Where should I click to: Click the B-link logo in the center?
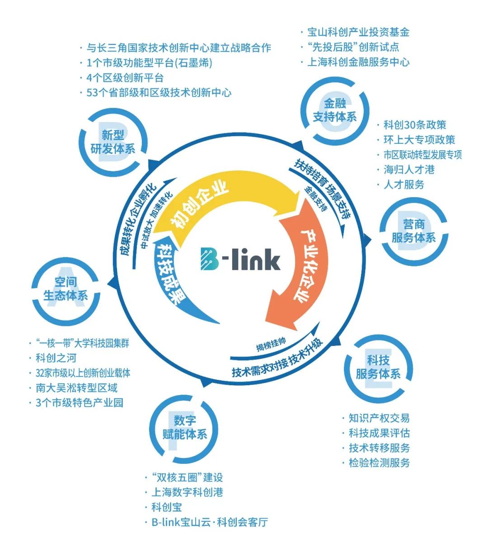(240, 259)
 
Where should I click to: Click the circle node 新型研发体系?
(113, 142)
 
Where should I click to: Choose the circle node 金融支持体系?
(334, 110)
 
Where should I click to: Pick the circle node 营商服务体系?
(413, 231)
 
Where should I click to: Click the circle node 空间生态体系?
(66, 288)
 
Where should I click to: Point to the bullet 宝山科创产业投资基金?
(358, 32)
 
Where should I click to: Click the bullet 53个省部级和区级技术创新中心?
(159, 93)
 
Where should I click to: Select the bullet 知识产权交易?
(379, 418)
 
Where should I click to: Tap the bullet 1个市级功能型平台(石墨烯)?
(149, 62)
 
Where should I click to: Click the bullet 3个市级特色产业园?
(79, 403)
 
